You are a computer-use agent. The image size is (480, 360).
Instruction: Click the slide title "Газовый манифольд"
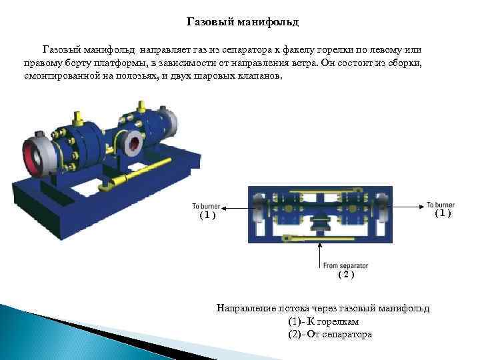(243, 23)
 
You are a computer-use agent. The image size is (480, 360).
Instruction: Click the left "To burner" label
(206, 205)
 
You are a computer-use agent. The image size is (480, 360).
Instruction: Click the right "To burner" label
(440, 204)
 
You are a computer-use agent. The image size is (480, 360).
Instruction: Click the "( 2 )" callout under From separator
(346, 275)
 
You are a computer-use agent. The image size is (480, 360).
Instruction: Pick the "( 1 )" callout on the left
(207, 215)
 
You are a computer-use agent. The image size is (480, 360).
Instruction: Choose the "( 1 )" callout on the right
(443, 213)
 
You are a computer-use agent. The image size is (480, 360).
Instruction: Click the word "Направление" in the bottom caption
(243, 309)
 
